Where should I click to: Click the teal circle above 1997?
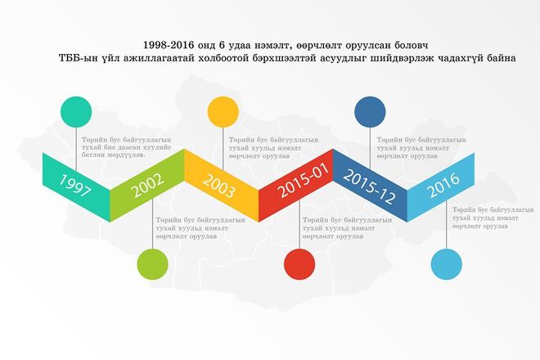pos(76,112)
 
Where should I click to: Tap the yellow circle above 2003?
pos(223,112)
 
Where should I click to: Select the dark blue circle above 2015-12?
pos(370,112)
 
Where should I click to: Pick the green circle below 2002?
pos(152,264)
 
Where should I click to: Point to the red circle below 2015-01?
pos(299,264)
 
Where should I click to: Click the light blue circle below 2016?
pos(447,264)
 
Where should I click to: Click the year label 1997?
pos(75,186)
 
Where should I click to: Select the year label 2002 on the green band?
pos(148,186)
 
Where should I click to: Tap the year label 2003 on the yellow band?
pos(219,186)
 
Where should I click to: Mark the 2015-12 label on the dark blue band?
pos(369,187)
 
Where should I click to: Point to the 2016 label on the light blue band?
pos(443,185)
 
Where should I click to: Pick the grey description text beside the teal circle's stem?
pos(126,147)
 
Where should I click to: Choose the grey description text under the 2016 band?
pos(493,218)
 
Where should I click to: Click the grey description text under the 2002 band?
pos(200,228)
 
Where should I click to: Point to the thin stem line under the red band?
pos(299,225)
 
